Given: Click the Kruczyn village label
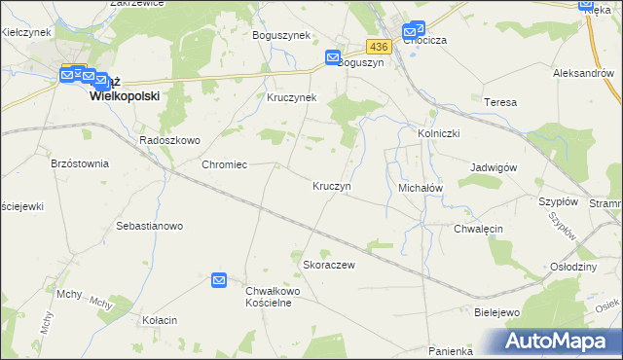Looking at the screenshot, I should [x=331, y=186].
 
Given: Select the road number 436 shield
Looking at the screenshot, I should [x=379, y=47].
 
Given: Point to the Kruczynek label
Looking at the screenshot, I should [x=292, y=98].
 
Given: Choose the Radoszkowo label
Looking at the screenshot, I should [x=169, y=140].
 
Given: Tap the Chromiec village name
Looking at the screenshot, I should [x=223, y=164].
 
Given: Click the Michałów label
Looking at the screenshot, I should [x=421, y=186].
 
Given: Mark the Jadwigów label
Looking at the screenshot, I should [x=493, y=167].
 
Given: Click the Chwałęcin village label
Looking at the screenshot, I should [x=477, y=229].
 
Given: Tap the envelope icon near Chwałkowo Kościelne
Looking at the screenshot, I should [x=219, y=280].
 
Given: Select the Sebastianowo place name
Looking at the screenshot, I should [x=150, y=226].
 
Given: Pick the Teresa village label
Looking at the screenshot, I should [x=498, y=101].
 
